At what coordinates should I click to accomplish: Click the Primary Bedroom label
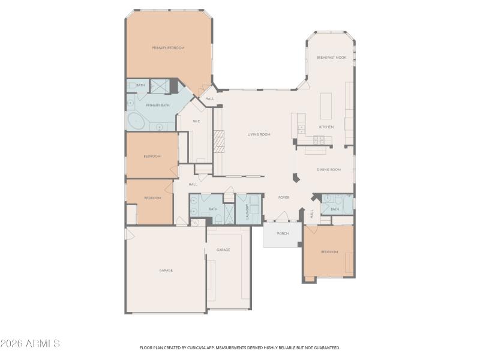click(168, 47)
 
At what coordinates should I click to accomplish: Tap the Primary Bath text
click(155, 105)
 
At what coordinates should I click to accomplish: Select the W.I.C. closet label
click(196, 121)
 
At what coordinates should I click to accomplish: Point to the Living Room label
click(259, 134)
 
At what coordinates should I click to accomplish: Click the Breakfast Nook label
click(332, 58)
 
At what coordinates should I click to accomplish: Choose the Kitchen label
click(326, 127)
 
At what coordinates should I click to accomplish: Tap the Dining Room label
click(329, 170)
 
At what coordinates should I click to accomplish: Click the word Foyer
click(284, 197)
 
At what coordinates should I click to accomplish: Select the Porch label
click(283, 233)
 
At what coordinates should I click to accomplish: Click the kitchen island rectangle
click(326, 107)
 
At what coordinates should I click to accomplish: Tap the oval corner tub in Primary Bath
click(136, 122)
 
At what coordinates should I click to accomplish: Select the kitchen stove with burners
click(318, 140)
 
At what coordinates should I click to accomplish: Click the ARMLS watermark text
click(30, 344)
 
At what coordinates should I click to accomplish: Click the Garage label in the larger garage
click(166, 270)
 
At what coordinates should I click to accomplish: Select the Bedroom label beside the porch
click(329, 252)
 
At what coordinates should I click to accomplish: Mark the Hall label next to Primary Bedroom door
click(210, 98)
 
